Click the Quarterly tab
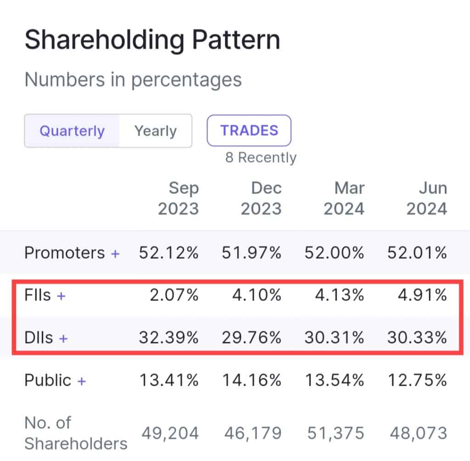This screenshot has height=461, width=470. (72, 131)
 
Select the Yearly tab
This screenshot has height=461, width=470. (155, 131)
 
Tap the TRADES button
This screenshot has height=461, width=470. (249, 130)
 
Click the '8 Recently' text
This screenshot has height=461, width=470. (261, 158)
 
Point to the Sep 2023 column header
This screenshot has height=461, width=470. (179, 198)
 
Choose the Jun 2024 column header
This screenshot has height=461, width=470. (426, 198)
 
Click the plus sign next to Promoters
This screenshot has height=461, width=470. (115, 253)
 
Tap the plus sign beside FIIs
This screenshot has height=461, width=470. (61, 296)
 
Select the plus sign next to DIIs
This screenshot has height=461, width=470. (63, 339)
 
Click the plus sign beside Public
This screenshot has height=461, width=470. (81, 381)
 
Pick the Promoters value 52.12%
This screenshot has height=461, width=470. (169, 253)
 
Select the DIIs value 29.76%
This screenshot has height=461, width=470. (252, 339)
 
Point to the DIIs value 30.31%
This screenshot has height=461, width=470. (334, 339)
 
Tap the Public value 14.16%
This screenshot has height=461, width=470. (252, 381)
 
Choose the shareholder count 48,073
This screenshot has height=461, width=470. (418, 433)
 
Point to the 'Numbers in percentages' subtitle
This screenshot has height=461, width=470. (133, 80)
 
